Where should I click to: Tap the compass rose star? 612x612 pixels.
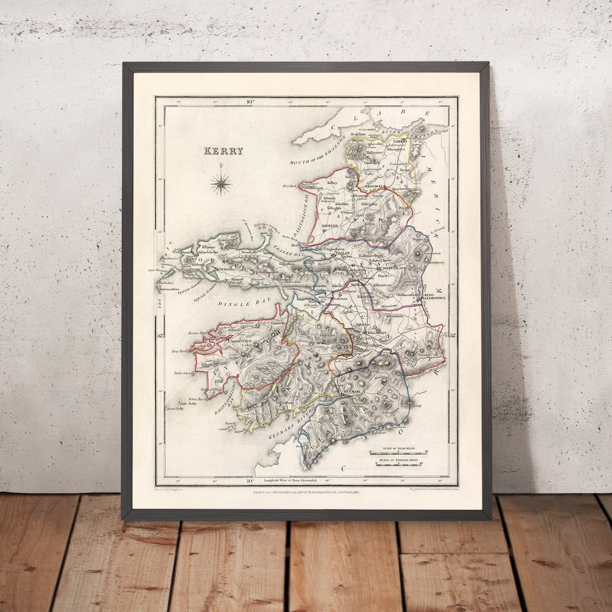[221, 183]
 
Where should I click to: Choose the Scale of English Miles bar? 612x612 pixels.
[399, 464]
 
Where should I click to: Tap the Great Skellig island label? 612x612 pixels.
[175, 409]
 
